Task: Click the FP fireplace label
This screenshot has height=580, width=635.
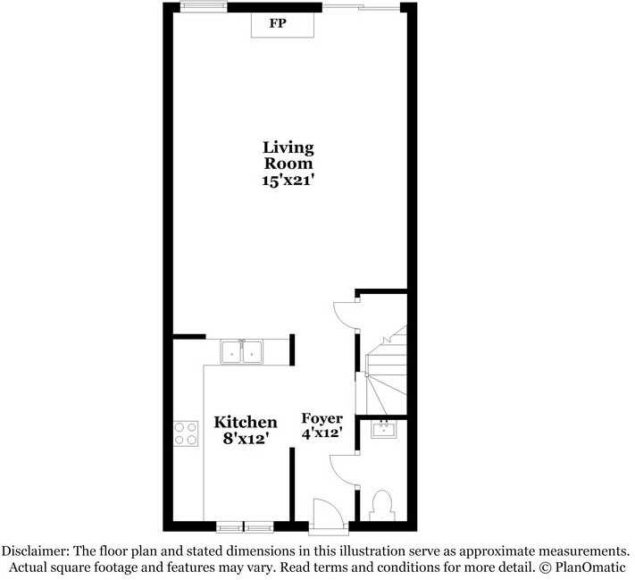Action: tap(278, 23)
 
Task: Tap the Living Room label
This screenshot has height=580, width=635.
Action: tap(288, 155)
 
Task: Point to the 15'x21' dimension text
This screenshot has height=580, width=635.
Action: tap(288, 180)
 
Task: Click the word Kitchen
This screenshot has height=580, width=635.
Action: tap(246, 422)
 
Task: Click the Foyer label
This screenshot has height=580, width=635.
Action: tap(322, 419)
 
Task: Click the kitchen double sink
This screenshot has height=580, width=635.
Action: tap(241, 352)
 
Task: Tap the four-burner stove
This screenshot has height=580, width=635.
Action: tap(186, 433)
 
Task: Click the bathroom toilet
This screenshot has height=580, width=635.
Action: tap(382, 505)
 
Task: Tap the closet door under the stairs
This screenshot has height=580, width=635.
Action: tap(345, 314)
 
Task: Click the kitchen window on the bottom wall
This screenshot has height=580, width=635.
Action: tap(245, 526)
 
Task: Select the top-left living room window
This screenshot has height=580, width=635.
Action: tap(203, 8)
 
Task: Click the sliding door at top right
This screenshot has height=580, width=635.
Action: tap(361, 8)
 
